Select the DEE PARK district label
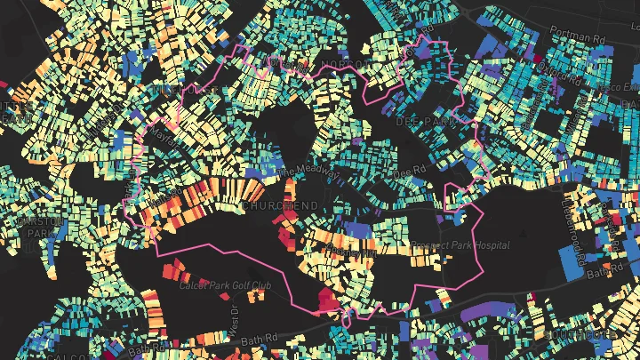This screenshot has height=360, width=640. pyautogui.click(x=419, y=119)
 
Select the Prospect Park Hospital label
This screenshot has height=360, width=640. pyautogui.click(x=460, y=245)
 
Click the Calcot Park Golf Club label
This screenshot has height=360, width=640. pyautogui.click(x=223, y=286)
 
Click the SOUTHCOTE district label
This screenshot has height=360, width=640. pyautogui.click(x=613, y=333)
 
